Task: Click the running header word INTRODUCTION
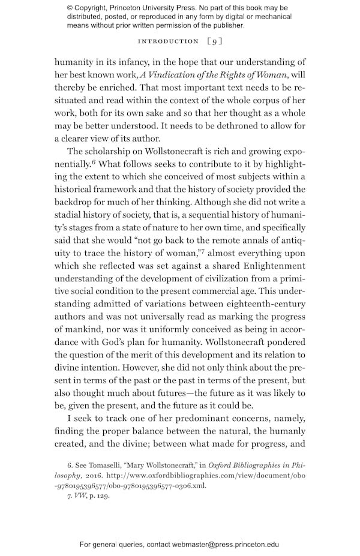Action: (168, 41)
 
